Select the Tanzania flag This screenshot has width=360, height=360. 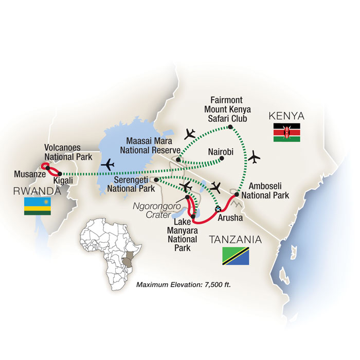click(x=235, y=256)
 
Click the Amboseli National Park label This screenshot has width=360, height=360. click(x=263, y=190)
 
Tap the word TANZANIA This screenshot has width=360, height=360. click(x=235, y=240)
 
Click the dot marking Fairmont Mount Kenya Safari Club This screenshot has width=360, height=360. click(x=230, y=127)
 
